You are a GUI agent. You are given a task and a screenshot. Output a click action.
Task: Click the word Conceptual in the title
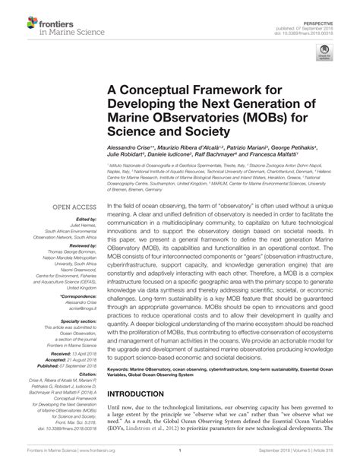point(171,91)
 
